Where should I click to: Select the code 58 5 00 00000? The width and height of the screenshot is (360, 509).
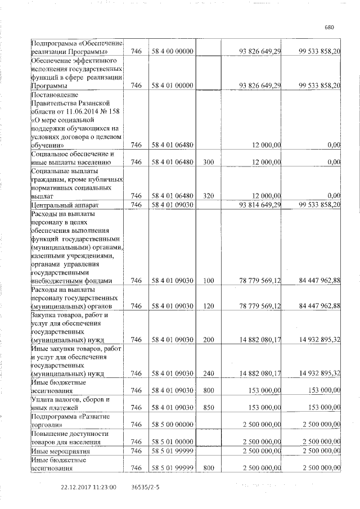click(x=173, y=424)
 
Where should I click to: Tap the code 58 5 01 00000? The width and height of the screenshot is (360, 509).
click(x=173, y=442)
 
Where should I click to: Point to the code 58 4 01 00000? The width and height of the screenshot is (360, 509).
click(x=173, y=85)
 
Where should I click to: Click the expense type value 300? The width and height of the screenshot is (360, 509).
click(x=209, y=162)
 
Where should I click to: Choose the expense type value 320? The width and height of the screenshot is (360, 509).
click(x=209, y=196)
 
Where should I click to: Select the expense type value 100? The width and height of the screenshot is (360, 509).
click(x=209, y=281)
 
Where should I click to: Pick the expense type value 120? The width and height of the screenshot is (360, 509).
click(x=209, y=306)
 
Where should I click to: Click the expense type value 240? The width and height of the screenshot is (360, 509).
click(x=209, y=373)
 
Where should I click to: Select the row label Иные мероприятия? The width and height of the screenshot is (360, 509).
click(x=57, y=451)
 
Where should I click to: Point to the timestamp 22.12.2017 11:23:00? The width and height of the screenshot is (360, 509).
click(x=85, y=487)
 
